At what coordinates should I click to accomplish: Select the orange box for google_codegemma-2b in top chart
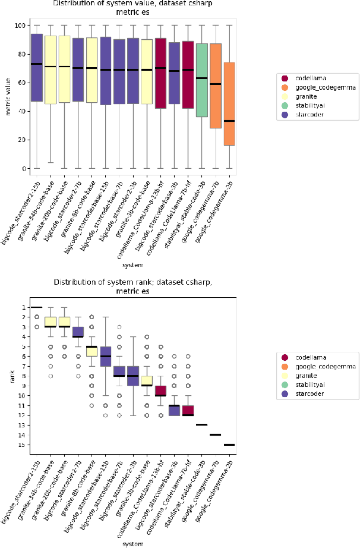tap(229, 103)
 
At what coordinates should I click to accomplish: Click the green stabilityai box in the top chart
tap(201, 80)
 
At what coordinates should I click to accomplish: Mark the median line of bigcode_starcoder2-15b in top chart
tap(37, 64)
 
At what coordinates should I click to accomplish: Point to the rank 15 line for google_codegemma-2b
tap(229, 444)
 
